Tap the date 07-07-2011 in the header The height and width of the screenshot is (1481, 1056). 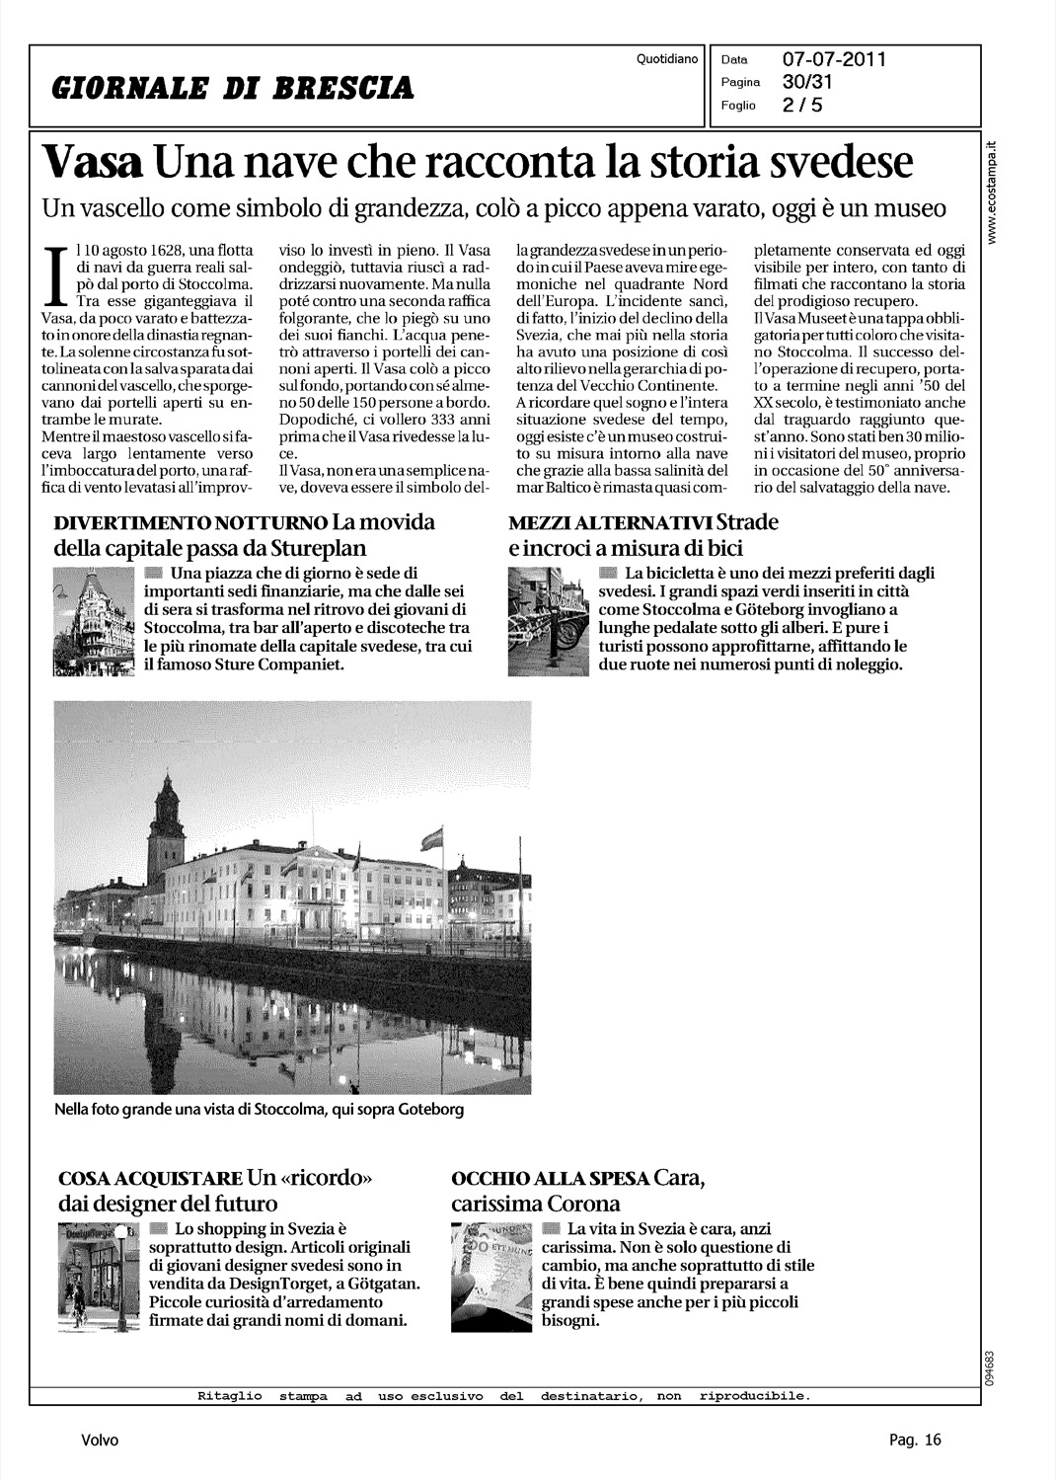pos(834,60)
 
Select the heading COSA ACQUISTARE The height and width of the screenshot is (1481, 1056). pos(151,1179)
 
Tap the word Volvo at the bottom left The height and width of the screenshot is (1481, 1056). pos(100,1441)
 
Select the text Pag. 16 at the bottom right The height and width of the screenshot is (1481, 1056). pos(915,1441)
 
